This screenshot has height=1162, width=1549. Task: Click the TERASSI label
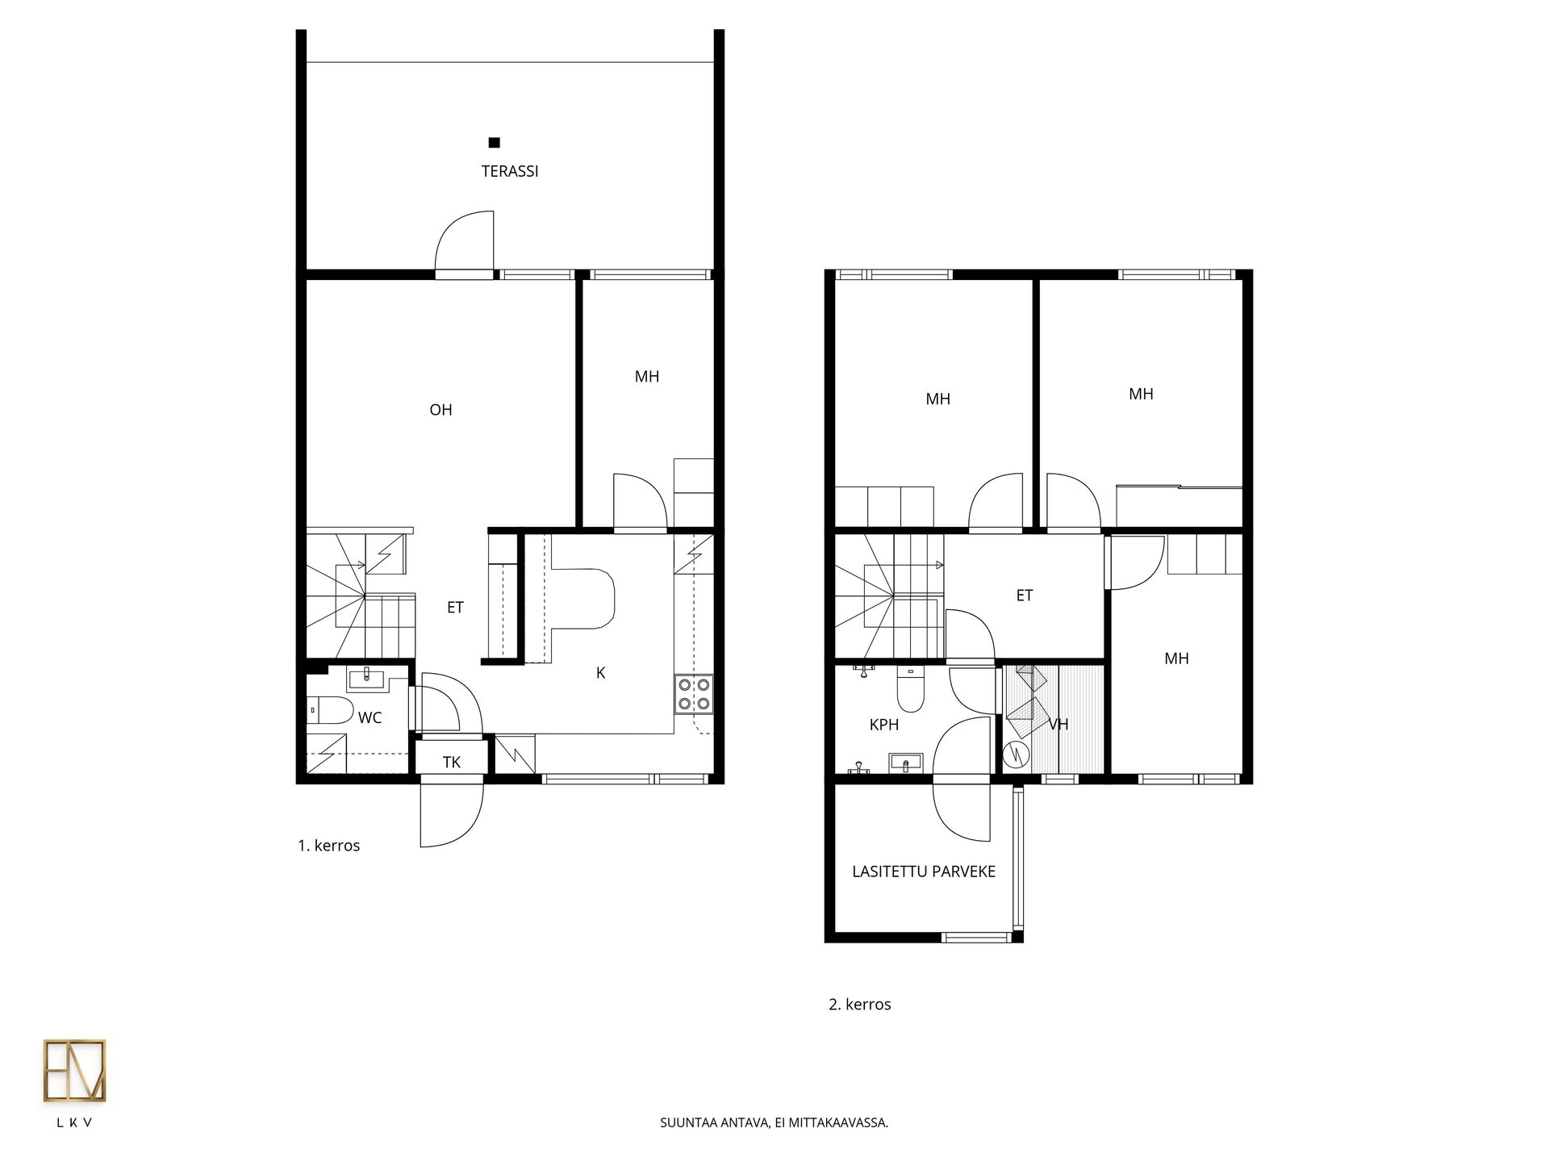510,171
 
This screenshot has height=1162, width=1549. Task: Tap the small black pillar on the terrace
495,143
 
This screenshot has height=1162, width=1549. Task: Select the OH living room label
440,410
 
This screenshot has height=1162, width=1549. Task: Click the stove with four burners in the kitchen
694,694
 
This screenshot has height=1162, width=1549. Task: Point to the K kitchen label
600,673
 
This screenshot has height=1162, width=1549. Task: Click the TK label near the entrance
452,762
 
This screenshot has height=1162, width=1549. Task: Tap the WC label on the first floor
370,717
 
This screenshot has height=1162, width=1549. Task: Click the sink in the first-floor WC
367,678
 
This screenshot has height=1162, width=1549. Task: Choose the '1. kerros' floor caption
329,846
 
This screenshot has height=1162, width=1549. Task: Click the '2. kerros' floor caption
860,1005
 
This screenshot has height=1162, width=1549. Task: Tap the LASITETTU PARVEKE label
924,871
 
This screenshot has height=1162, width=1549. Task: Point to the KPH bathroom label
884,725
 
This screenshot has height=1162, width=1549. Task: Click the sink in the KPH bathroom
906,763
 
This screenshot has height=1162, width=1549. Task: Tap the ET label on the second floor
1025,596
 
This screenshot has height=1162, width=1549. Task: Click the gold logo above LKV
74,1070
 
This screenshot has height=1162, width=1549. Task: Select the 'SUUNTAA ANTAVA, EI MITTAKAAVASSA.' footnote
774,1122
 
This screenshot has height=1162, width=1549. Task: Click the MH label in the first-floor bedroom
647,376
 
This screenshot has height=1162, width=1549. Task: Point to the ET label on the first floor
455,608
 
